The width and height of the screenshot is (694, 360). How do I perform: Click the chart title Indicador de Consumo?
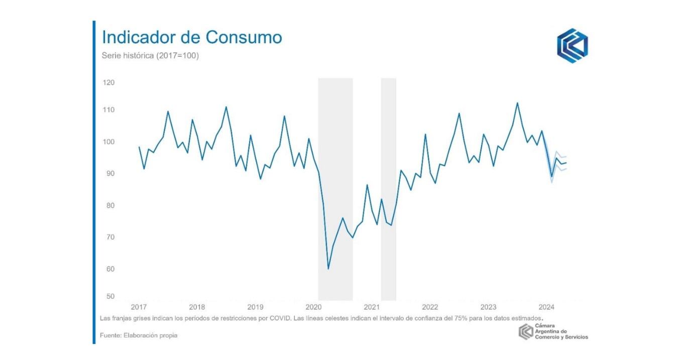click(192, 38)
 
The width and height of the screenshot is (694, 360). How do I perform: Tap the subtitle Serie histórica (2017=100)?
click(151, 56)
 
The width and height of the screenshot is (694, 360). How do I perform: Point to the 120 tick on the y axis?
click(108, 82)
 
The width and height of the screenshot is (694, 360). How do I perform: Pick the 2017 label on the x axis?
click(139, 307)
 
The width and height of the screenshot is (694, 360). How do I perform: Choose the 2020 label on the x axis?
click(313, 307)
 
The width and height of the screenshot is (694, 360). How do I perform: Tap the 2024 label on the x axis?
click(546, 307)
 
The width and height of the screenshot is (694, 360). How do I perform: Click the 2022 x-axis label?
click(430, 307)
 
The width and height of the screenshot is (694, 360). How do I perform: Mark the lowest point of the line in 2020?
click(328, 269)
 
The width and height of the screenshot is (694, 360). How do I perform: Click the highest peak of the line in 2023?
click(517, 103)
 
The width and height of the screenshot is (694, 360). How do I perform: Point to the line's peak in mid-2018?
click(226, 107)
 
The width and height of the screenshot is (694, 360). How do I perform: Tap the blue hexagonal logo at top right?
click(572, 46)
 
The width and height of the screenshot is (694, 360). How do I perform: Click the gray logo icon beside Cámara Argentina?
click(526, 332)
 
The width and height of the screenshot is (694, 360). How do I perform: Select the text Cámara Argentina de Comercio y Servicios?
click(561, 332)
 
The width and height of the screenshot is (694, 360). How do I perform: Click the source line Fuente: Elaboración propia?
click(139, 335)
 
